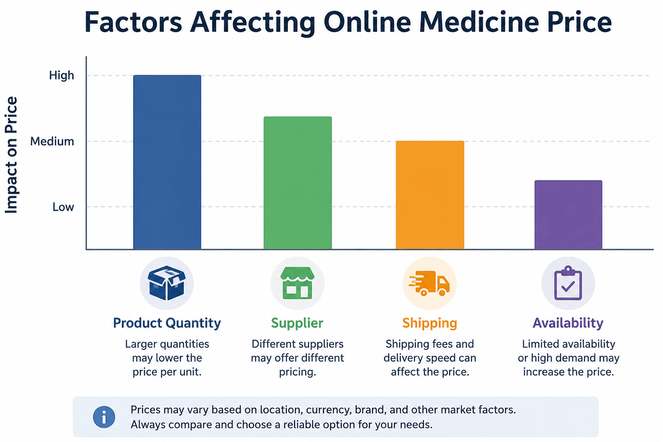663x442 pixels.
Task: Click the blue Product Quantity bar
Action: (x=167, y=162)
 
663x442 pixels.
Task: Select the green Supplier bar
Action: (x=298, y=183)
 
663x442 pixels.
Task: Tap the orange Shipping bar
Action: (x=430, y=195)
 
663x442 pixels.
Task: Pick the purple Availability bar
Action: (x=568, y=215)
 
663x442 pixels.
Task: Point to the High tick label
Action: (x=61, y=76)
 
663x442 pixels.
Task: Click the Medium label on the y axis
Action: (x=52, y=142)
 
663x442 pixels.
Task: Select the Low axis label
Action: (x=63, y=207)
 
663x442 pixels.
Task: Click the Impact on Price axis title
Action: (x=11, y=154)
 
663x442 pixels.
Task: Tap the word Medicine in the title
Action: (x=479, y=22)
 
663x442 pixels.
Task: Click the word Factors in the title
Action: (x=133, y=22)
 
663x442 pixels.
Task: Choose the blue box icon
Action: (x=167, y=283)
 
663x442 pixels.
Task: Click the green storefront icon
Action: (x=298, y=283)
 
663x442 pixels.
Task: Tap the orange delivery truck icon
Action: (x=429, y=283)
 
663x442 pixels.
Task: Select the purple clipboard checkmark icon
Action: (x=568, y=283)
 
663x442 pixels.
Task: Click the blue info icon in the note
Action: (x=104, y=417)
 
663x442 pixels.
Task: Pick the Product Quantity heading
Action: (x=167, y=323)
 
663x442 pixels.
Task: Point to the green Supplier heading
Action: (x=297, y=323)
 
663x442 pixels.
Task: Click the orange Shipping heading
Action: (x=430, y=323)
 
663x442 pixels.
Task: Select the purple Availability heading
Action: (x=568, y=323)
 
